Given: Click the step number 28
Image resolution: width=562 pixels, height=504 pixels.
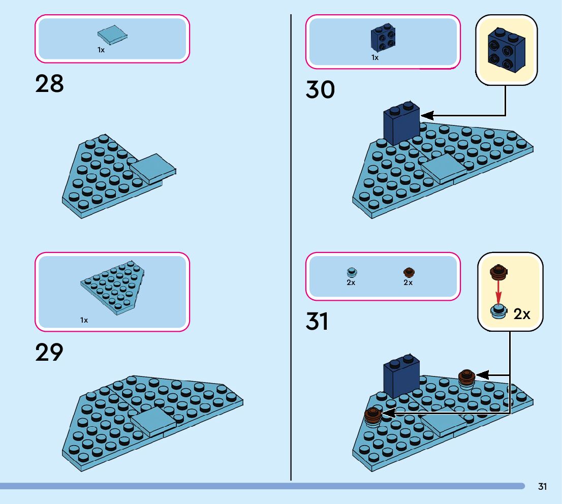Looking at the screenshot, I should pyautogui.click(x=49, y=84).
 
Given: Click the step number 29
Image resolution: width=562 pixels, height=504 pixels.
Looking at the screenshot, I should pyautogui.click(x=49, y=353).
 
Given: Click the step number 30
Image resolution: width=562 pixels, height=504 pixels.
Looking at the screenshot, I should pyautogui.click(x=320, y=90).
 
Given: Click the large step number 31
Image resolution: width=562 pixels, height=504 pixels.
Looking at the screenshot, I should pyautogui.click(x=317, y=322).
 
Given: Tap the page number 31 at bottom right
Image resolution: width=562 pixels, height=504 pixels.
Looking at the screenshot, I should pyautogui.click(x=542, y=487).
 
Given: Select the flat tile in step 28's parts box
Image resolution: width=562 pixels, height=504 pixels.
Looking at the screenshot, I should pyautogui.click(x=112, y=35).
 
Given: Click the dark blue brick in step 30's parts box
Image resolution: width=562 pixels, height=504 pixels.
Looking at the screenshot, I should pyautogui.click(x=382, y=38).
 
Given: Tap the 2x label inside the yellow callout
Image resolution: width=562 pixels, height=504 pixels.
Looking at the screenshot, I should pyautogui.click(x=522, y=314).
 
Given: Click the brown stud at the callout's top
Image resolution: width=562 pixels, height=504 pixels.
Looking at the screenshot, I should pyautogui.click(x=499, y=272).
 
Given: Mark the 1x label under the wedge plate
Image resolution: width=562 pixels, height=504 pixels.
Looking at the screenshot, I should pyautogui.click(x=84, y=320).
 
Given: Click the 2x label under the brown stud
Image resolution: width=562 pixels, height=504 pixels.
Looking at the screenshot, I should pyautogui.click(x=408, y=282).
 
